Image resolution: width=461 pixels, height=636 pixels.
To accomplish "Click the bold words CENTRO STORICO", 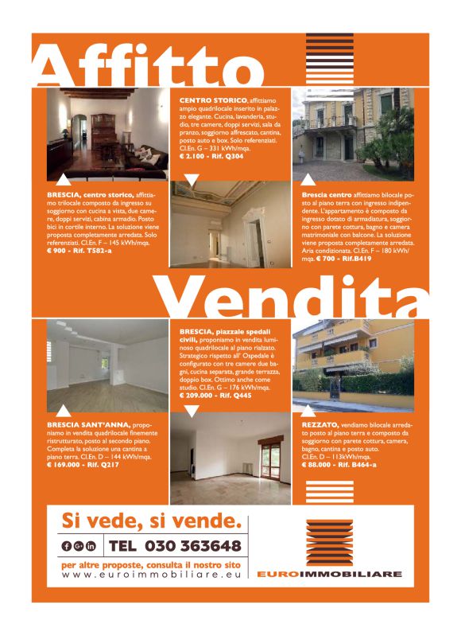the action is coord(208,99).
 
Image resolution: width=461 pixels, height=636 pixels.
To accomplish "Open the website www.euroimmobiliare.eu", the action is coord(150,574).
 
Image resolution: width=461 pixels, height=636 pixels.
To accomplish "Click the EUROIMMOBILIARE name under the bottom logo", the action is coord(329,574).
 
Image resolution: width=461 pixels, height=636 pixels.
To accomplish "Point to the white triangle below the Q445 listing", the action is coord(191,411).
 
